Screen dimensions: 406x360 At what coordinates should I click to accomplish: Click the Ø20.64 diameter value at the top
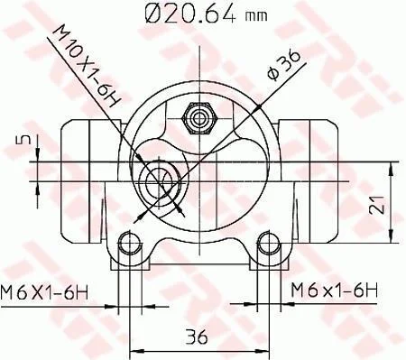tap(189, 13)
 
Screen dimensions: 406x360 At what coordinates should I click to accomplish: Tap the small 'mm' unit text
tap(256, 16)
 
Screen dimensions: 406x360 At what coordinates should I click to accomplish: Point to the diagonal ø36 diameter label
tap(284, 65)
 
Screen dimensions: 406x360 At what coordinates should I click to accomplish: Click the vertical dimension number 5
tap(26, 139)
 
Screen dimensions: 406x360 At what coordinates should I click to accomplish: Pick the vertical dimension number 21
tap(377, 205)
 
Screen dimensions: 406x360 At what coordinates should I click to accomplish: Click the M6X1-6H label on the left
tap(44, 291)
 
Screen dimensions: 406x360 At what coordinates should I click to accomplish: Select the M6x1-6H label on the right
tap(334, 291)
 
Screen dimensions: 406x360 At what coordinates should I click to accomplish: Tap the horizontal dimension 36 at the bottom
tap(197, 337)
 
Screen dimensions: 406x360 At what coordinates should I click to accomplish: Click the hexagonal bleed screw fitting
tap(199, 118)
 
